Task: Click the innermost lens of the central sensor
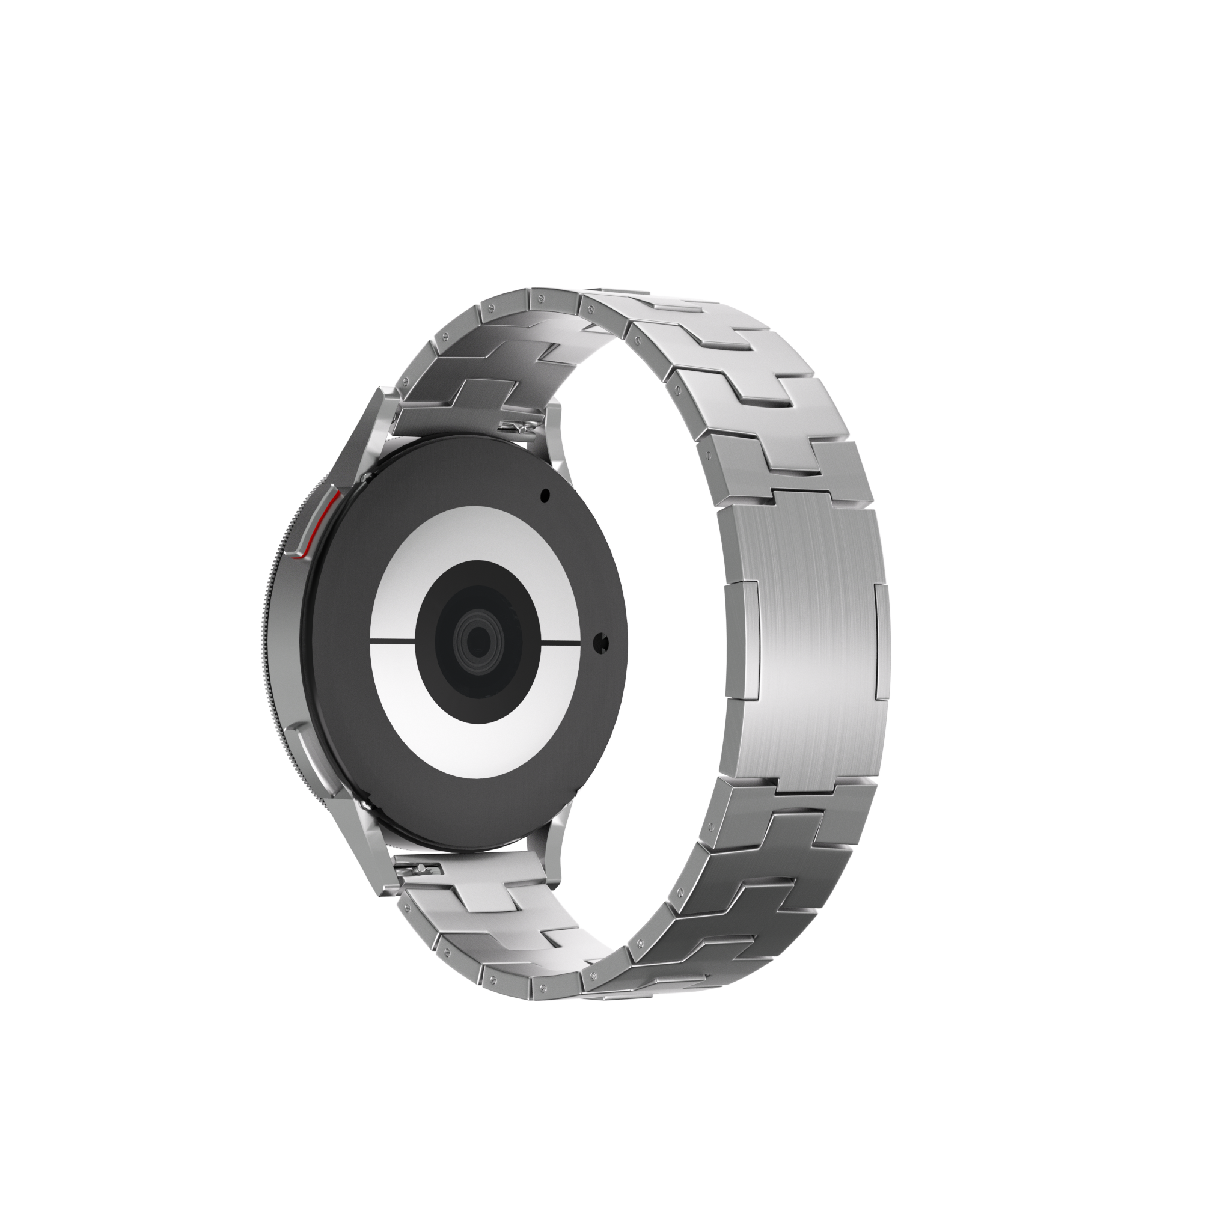pyautogui.click(x=475, y=637)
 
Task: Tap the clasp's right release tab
pyautogui.click(x=881, y=637)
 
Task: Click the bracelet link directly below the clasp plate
pyautogui.click(x=803, y=809)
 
